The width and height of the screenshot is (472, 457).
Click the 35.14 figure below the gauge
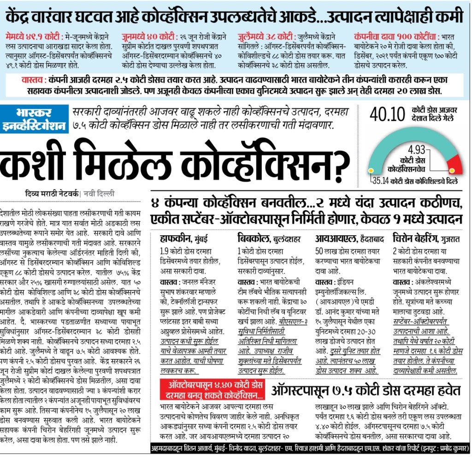point(382,180)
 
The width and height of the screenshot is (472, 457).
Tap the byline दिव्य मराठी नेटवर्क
point(52,194)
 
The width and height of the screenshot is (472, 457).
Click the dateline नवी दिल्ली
point(99,194)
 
